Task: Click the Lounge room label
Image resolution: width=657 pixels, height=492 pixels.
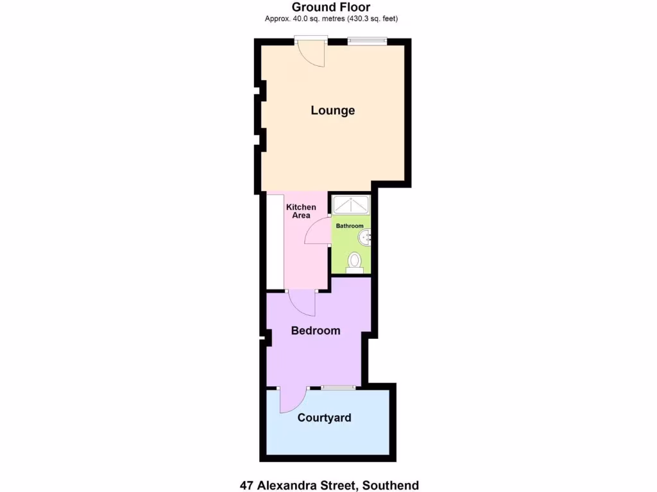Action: pyautogui.click(x=332, y=110)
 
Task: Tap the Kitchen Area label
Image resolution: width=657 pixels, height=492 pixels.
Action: pyautogui.click(x=301, y=211)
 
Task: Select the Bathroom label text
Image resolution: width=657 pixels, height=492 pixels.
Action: pyautogui.click(x=350, y=226)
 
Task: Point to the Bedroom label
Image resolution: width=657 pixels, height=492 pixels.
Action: pyautogui.click(x=315, y=331)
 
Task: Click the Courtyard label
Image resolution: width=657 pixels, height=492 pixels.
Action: pyautogui.click(x=324, y=418)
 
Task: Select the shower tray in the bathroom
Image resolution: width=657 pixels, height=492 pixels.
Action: pyautogui.click(x=350, y=205)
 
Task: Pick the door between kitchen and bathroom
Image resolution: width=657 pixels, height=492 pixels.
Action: pyautogui.click(x=318, y=232)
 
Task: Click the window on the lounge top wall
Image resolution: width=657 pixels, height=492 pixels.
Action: pyautogui.click(x=368, y=42)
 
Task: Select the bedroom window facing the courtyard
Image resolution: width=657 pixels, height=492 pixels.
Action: pyautogui.click(x=338, y=388)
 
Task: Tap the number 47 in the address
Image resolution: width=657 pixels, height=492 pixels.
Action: pyautogui.click(x=246, y=485)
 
